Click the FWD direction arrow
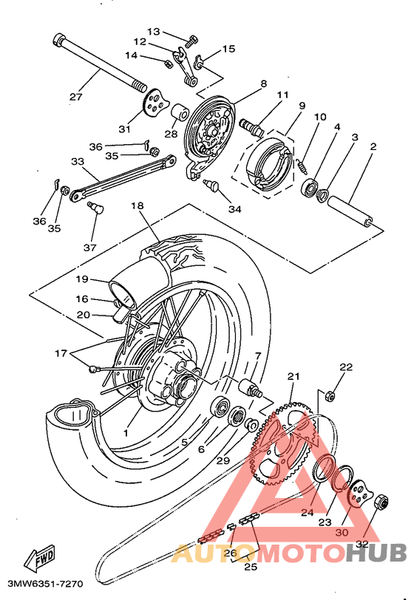(39, 556)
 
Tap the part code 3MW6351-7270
(45, 584)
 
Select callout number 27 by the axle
(76, 96)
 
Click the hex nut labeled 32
(381, 502)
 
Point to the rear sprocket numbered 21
(284, 445)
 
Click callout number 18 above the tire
(137, 205)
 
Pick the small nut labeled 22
(330, 395)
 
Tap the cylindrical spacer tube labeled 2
(351, 211)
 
